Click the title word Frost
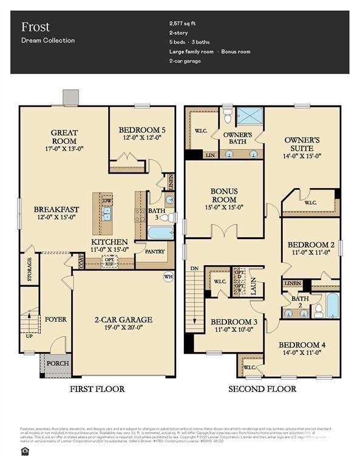35,27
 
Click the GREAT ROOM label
64,137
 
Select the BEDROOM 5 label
142,130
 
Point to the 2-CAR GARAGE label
123,320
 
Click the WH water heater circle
168,277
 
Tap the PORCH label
58,363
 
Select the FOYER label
55,319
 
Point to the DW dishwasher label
107,200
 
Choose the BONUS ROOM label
224,195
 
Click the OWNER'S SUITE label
302,144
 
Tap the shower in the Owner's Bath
247,115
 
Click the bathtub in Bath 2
332,305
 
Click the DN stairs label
193,268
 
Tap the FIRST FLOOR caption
97,389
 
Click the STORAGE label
29,269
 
